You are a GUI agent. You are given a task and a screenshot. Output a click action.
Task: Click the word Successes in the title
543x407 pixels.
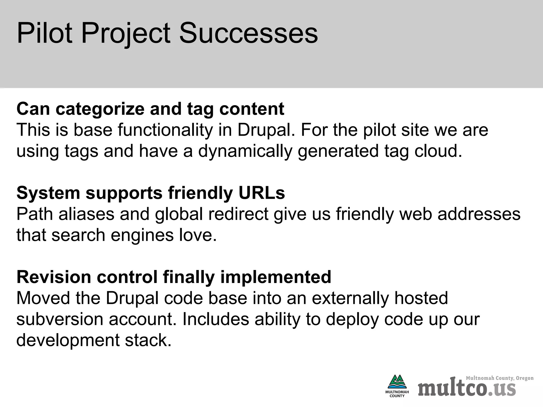[x=248, y=34]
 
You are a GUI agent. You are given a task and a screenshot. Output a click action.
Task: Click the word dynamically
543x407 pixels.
[x=245, y=151]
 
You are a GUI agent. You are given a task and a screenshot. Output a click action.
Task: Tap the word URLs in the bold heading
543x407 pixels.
[x=261, y=193]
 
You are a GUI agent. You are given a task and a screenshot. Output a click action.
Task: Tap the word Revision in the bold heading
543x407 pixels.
[x=54, y=277]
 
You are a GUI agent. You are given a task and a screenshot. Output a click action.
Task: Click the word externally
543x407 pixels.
[x=350, y=298]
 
